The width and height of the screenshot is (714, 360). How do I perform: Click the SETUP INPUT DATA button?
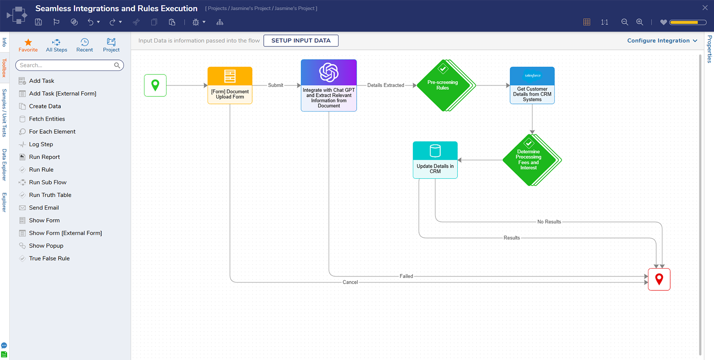coord(301,41)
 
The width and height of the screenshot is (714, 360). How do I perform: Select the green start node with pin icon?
coord(155,85)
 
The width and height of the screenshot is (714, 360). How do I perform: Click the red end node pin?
coord(659,279)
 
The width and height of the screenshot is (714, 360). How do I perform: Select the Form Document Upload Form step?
coord(230,85)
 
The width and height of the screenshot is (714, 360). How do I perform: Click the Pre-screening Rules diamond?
coord(443,85)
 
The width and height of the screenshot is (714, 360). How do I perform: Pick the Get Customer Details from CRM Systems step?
coord(532,85)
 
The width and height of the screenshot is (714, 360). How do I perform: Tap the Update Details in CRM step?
coord(435,160)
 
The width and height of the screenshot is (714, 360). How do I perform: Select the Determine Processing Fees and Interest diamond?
coord(529,160)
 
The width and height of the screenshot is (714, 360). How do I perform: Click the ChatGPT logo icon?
coord(329,72)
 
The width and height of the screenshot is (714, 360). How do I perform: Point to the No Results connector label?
coord(549,222)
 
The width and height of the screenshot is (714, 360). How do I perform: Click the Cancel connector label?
coord(350,282)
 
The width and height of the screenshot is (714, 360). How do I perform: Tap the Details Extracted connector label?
coord(386,85)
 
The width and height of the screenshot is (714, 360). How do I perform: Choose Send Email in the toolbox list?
coord(44,208)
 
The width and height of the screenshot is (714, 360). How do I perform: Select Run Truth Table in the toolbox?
coord(50,195)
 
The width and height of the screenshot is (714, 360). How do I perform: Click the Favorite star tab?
coord(28,45)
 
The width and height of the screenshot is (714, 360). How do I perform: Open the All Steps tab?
coord(56,45)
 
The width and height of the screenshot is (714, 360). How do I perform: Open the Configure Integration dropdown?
coord(662,41)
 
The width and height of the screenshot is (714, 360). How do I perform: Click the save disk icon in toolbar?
coord(38,22)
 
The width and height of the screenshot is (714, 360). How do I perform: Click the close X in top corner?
coord(705,8)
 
